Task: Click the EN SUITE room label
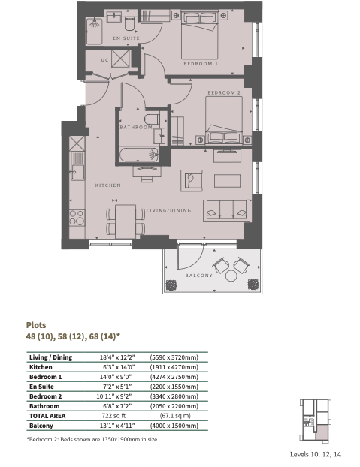pyautogui.click(x=126, y=38)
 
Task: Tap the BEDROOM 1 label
pyautogui.click(x=201, y=64)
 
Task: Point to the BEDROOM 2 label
pyautogui.click(x=224, y=92)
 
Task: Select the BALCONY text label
pyautogui.click(x=198, y=276)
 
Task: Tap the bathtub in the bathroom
pyautogui.click(x=139, y=155)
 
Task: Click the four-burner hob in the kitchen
pyautogui.click(x=77, y=218)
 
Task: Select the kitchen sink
pyautogui.click(x=77, y=173)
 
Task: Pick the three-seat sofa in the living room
pyautogui.click(x=227, y=210)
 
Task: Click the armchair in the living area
pyautogui.click(x=192, y=180)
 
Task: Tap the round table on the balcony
pyautogui.click(x=231, y=276)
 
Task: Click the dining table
pyautogui.click(x=126, y=221)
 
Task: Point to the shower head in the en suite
pyautogui.click(x=95, y=23)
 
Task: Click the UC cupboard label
pyautogui.click(x=104, y=60)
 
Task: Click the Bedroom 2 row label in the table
pyautogui.click(x=46, y=396)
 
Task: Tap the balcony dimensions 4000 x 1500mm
pyautogui.click(x=174, y=426)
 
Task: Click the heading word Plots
pyautogui.click(x=36, y=325)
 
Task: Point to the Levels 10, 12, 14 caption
pyautogui.click(x=316, y=454)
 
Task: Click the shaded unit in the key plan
pyautogui.click(x=322, y=432)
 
